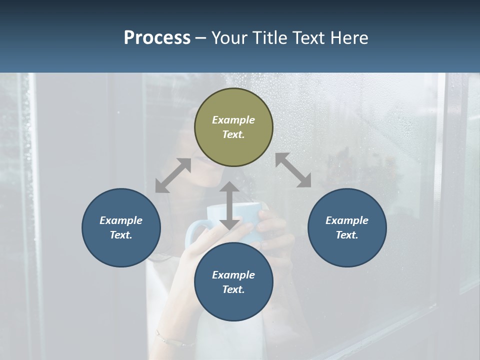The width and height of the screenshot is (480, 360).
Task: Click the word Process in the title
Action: (x=157, y=38)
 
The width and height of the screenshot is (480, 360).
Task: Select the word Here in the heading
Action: (x=348, y=38)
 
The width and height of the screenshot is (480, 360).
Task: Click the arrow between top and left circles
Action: (x=173, y=175)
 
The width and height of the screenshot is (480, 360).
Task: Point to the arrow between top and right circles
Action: (x=293, y=170)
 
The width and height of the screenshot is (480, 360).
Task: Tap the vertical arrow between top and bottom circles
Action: (x=229, y=205)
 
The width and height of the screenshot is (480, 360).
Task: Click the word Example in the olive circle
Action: (x=233, y=120)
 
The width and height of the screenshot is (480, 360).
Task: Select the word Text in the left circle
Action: (x=121, y=235)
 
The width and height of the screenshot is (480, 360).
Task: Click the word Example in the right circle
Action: (x=347, y=220)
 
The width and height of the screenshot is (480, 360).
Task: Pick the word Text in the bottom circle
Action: (x=233, y=289)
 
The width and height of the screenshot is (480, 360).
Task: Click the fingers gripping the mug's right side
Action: (x=270, y=225)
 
